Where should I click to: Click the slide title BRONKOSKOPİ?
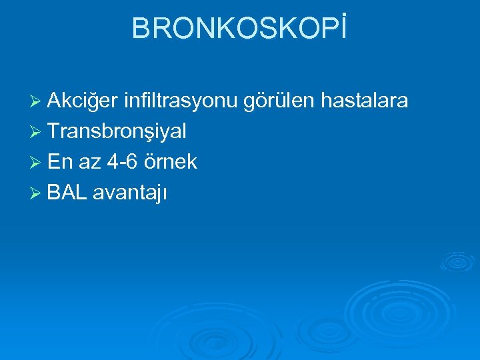tap(239, 28)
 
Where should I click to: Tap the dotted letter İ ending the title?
tap(343, 28)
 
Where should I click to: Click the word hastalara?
tap(365, 101)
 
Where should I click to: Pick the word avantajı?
tap(130, 193)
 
